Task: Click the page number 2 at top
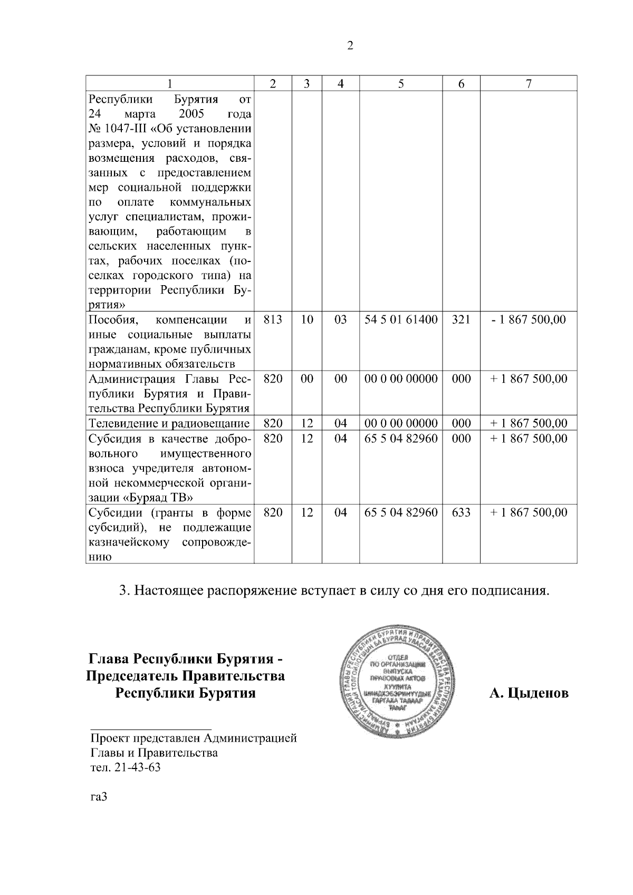(350, 46)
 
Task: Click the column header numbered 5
(401, 84)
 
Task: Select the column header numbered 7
(528, 84)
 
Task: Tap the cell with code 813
(273, 319)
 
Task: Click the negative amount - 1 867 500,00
(528, 319)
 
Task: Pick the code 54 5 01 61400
(401, 319)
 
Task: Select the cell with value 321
(461, 319)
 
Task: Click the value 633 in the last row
(461, 512)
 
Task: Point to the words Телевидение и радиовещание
(169, 424)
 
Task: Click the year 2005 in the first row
(191, 114)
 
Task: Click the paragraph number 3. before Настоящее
(124, 591)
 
